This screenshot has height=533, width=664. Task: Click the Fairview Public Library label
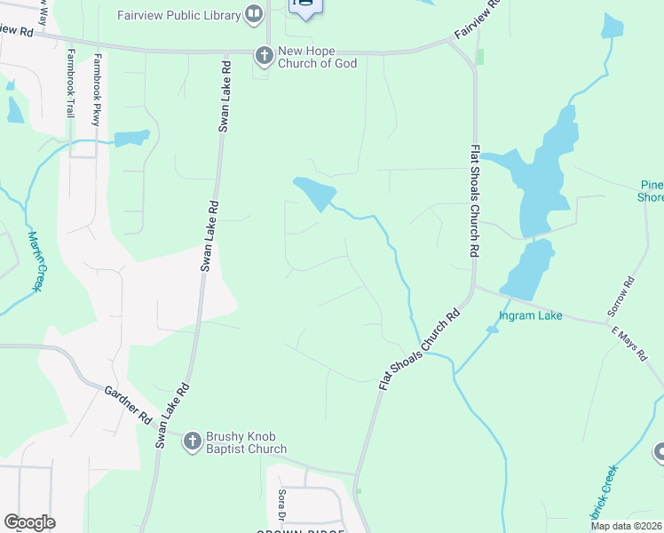click(178, 15)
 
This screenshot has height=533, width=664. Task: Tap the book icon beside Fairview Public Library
click(254, 14)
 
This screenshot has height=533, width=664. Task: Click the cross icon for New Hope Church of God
click(264, 55)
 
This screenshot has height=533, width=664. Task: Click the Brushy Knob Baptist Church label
click(246, 442)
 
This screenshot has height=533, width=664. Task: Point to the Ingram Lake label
click(530, 315)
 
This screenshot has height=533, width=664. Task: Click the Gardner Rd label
click(129, 404)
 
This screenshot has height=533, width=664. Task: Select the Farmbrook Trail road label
click(70, 84)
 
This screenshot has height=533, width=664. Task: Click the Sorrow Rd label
click(621, 298)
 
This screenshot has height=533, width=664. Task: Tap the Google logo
click(29, 522)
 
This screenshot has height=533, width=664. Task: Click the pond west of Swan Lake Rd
click(131, 138)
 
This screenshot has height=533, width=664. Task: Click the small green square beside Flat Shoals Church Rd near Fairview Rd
click(480, 57)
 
